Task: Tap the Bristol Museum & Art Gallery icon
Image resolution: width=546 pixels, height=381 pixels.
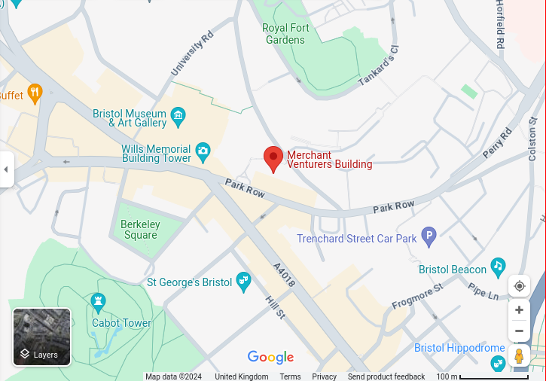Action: tap(178, 115)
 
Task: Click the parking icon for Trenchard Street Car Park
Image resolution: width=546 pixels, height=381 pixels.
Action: tap(429, 237)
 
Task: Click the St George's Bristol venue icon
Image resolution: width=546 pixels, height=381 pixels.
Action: tap(243, 282)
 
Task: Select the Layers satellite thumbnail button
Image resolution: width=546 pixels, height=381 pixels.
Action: tap(42, 337)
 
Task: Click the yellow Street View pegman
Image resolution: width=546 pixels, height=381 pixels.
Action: tap(519, 355)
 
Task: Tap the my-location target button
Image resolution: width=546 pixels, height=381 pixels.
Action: tap(519, 286)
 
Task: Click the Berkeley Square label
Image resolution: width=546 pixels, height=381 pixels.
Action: tap(140, 230)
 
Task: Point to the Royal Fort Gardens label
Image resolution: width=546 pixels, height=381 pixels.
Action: tap(285, 34)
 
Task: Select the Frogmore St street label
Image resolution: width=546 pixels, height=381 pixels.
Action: tap(417, 297)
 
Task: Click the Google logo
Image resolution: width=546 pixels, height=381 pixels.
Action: tap(270, 358)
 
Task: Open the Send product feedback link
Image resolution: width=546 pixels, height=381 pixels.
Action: tap(386, 376)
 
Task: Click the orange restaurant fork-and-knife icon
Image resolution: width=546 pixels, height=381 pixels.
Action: tap(33, 93)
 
